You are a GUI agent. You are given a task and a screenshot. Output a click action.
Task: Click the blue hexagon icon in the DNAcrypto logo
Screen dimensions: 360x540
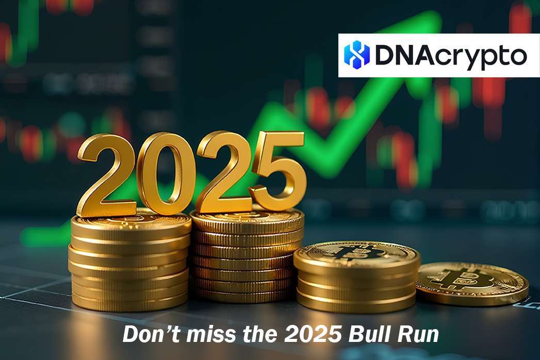click(x=357, y=55)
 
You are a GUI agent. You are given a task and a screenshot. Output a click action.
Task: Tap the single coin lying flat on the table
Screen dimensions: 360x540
click(x=472, y=283)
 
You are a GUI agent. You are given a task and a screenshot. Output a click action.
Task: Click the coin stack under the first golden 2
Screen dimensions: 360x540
click(x=129, y=263)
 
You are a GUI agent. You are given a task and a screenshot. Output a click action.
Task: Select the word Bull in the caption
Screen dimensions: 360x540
click(x=367, y=335)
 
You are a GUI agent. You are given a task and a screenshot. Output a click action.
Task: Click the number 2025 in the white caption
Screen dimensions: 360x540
click(x=310, y=335)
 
